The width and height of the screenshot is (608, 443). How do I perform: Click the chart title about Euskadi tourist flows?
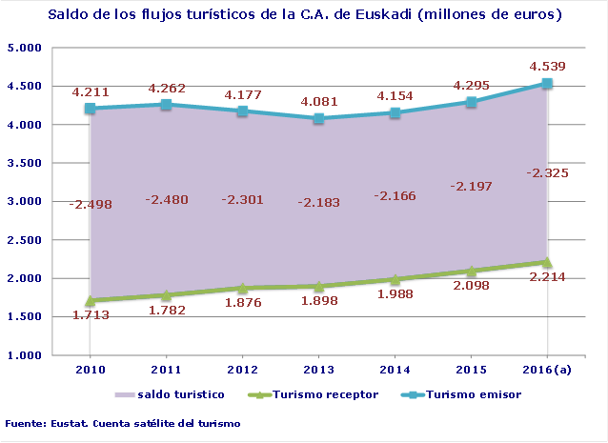coord(304,16)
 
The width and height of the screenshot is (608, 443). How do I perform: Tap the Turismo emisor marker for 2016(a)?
coord(547,84)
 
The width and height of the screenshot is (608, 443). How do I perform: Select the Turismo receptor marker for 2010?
coord(91,300)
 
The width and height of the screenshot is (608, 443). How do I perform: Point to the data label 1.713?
coord(91,316)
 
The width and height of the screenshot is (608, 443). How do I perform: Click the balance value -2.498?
coord(91,203)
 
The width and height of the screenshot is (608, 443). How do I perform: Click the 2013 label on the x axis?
coord(319,368)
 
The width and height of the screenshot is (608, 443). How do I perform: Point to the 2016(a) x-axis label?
coord(547,368)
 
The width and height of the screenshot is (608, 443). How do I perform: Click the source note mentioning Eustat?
coord(122,422)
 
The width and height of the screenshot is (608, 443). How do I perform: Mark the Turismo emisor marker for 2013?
coord(319,119)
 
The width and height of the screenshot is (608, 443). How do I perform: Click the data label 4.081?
coord(319,101)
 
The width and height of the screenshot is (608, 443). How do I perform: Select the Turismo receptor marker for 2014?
coord(395,279)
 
